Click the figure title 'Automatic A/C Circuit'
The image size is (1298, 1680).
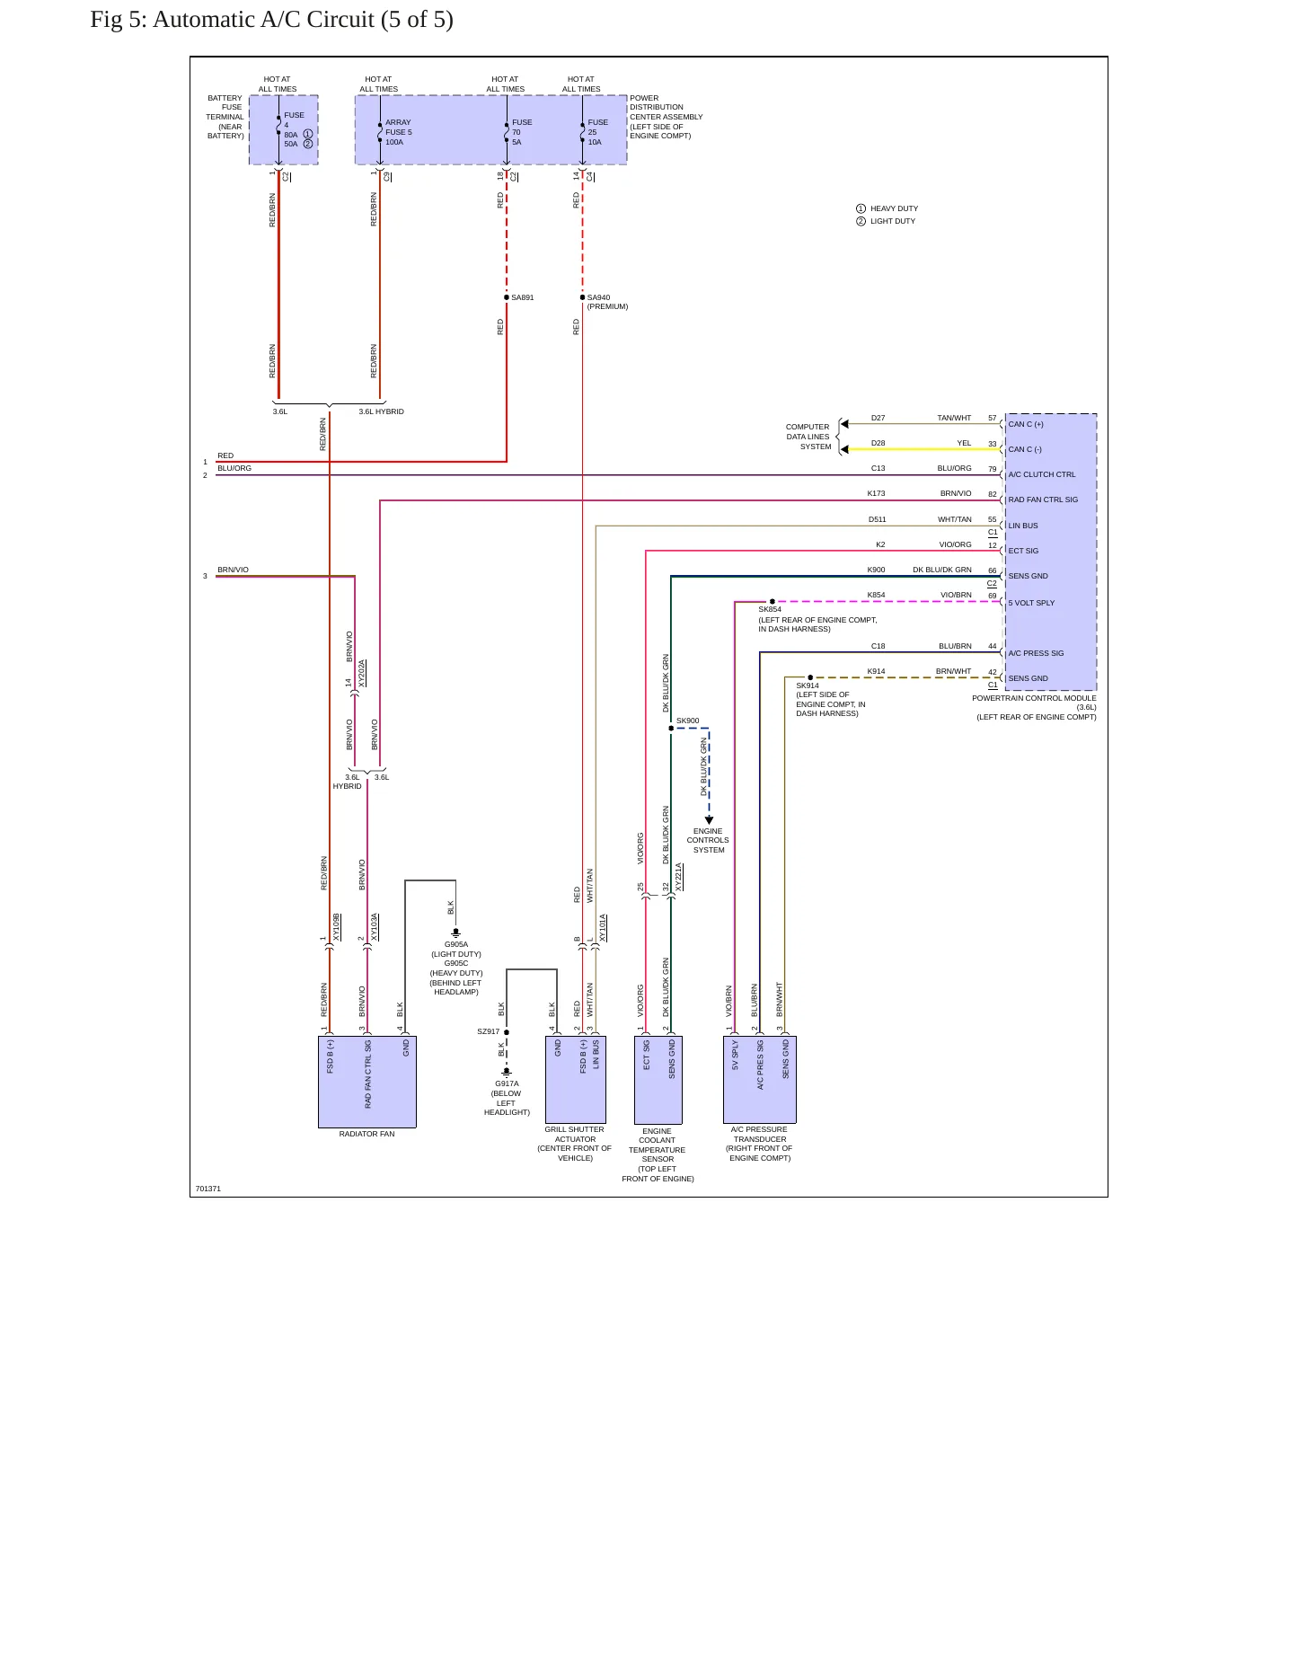click(x=263, y=20)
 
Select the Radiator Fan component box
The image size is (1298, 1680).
click(x=366, y=1082)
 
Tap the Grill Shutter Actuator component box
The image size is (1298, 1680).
click(x=576, y=1079)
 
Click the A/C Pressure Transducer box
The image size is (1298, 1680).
click(x=760, y=1079)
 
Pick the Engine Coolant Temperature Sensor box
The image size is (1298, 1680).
click(x=658, y=1079)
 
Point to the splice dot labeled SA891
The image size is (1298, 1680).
click(x=507, y=297)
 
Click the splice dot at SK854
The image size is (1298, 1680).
click(x=773, y=601)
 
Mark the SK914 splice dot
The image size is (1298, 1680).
click(x=810, y=677)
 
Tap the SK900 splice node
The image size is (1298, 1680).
click(x=671, y=728)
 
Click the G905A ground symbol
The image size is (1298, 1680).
click(x=455, y=933)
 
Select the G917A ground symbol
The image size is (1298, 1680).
click(x=507, y=1072)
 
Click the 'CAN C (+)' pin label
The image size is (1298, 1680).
click(x=1026, y=424)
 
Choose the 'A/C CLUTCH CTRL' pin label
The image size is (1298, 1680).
click(x=1042, y=474)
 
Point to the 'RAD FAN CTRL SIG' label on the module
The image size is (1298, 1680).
click(x=1043, y=500)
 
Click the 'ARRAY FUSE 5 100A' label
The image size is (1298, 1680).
click(x=399, y=132)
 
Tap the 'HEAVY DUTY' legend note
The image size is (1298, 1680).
click(x=894, y=208)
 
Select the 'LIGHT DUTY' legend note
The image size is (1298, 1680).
click(x=893, y=221)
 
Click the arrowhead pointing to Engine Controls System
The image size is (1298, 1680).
click(x=709, y=820)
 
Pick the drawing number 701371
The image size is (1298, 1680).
click(x=208, y=1189)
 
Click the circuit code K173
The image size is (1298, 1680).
click(x=876, y=493)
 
